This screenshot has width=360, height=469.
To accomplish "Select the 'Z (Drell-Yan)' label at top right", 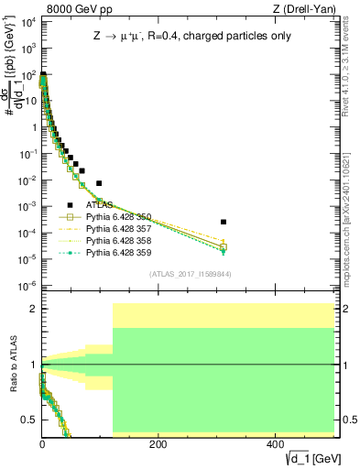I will [x=308, y=10].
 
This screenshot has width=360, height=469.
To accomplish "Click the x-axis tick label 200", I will [x=158, y=444].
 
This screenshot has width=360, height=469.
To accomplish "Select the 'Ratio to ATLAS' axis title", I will [x=12, y=365].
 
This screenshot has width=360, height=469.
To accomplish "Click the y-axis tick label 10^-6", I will [x=27, y=287].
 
